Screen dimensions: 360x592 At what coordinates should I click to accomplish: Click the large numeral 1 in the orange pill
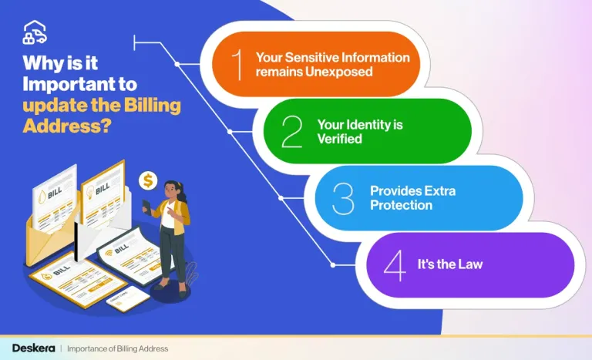coord(239,64)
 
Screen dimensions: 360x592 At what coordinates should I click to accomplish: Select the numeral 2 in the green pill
coord(291,132)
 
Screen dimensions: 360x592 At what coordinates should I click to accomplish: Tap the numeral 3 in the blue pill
coord(342,199)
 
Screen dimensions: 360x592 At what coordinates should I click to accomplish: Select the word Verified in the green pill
coord(338,139)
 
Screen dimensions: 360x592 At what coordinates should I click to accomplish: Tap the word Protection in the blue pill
coord(401,206)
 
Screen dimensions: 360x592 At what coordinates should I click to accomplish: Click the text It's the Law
coord(450,265)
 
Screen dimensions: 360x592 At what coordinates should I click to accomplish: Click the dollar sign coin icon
coord(148,181)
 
